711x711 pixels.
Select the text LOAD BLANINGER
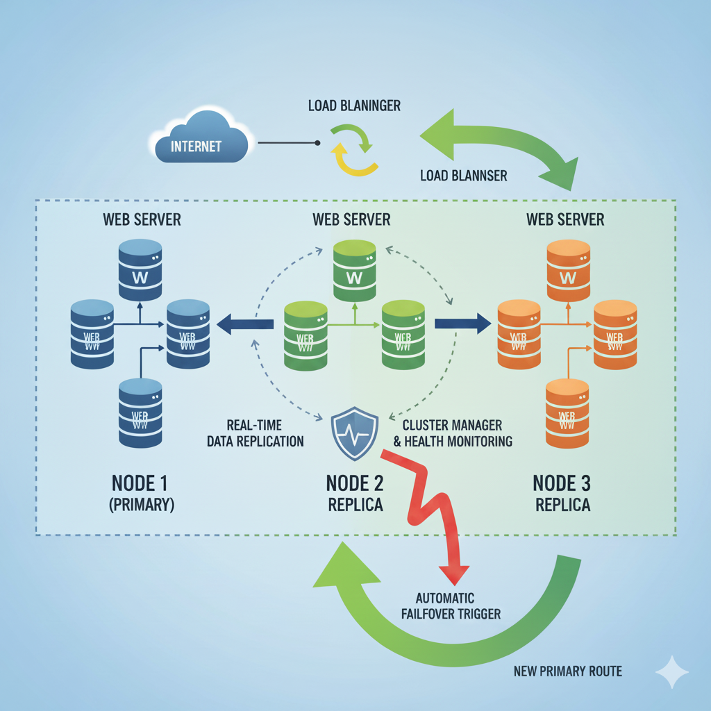coord(354,106)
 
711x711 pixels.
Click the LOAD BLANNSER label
coord(463,176)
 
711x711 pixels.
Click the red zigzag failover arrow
coord(430,514)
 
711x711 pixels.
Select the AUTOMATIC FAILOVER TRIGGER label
coord(455,605)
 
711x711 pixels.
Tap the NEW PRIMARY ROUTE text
coord(567,671)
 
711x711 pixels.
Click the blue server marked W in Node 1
coord(140,270)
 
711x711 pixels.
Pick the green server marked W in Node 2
coord(355,270)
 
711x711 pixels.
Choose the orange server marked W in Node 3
coord(568,270)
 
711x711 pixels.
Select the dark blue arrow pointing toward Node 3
coord(462,323)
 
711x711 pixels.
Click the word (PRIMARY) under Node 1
coord(141,505)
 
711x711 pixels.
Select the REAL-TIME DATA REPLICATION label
coord(256,433)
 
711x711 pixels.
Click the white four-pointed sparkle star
coord(671,672)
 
